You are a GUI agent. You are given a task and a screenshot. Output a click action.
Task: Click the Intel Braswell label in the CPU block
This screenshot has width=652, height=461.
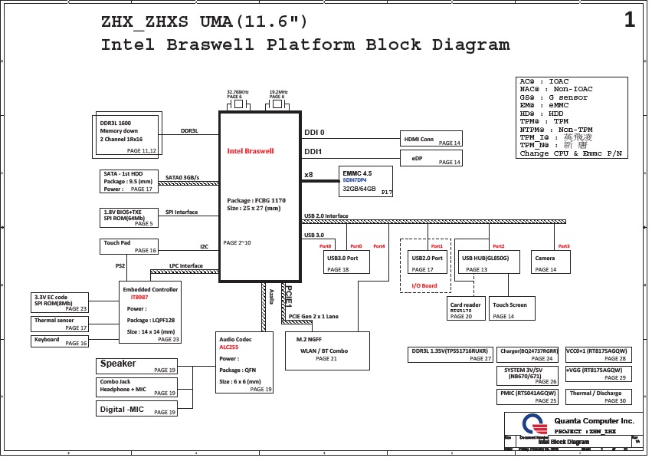coord(251,151)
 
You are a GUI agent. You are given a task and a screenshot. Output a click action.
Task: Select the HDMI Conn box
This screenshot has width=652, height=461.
coord(431,139)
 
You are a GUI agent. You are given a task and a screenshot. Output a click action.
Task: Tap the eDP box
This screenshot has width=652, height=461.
coord(431,158)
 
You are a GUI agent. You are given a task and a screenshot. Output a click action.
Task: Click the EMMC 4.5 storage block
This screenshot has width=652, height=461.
coord(365,182)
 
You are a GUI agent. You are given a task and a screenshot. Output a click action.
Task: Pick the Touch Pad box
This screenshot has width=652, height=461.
coord(128,246)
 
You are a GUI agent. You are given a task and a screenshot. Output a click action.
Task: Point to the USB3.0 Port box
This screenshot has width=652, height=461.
coord(347,262)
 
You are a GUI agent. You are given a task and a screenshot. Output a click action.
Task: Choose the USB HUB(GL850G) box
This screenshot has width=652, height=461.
coord(489,262)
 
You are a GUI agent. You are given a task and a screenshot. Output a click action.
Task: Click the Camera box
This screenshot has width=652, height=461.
coord(550,262)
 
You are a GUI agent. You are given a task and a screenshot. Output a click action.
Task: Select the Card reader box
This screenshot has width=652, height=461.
coord(465,309)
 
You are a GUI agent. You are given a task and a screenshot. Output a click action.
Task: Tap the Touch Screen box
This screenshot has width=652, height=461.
coord(510,309)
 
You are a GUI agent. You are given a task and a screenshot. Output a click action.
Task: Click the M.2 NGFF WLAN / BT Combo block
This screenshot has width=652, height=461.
coord(327,351)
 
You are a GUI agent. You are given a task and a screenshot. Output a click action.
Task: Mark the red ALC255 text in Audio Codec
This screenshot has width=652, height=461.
coord(228,347)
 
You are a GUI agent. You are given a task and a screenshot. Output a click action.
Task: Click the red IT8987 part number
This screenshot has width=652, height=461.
coord(139,297)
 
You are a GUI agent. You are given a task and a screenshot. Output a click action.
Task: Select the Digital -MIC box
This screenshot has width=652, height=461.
coord(137,409)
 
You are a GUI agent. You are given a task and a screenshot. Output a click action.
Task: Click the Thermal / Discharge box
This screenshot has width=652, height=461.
coord(596,397)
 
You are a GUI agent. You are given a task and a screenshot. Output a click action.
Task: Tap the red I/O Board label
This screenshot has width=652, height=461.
coord(424,286)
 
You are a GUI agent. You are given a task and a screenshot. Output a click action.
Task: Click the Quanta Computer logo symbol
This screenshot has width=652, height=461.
coord(532,424)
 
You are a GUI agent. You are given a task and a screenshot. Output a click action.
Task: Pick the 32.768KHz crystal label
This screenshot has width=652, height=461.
coord(238,92)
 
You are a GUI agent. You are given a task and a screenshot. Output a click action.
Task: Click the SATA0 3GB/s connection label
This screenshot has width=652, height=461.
coord(182,178)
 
